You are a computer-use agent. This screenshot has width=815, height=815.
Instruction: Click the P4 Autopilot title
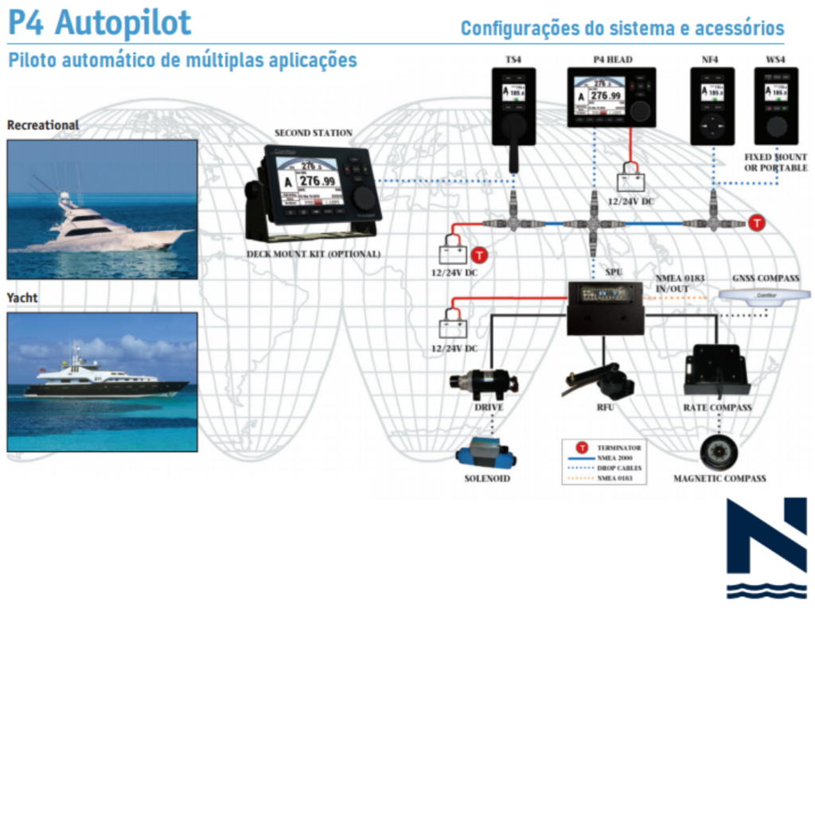pos(99,22)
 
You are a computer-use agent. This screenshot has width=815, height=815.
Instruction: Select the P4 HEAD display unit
pos(610,97)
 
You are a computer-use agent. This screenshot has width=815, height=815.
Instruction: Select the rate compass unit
pos(716,371)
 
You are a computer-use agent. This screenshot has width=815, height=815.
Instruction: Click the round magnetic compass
pos(719,451)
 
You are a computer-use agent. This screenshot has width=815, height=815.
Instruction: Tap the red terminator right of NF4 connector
pos(757,223)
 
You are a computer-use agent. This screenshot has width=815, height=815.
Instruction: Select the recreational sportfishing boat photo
pos(102,209)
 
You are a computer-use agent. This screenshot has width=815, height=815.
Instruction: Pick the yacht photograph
pos(102,382)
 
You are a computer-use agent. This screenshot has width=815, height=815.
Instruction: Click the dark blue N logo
pos(766,548)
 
